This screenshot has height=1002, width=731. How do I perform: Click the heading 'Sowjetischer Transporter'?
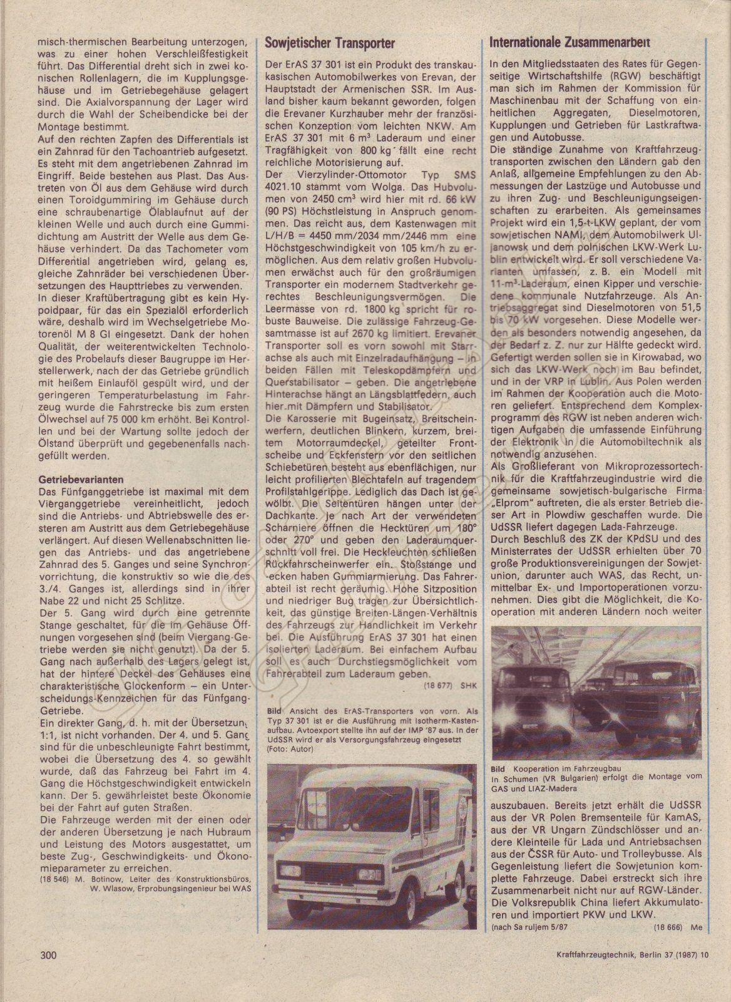click(330, 43)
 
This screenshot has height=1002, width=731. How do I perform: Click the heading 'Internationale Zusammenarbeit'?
click(570, 43)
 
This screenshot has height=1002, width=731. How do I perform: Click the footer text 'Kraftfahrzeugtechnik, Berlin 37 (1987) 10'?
click(632, 973)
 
